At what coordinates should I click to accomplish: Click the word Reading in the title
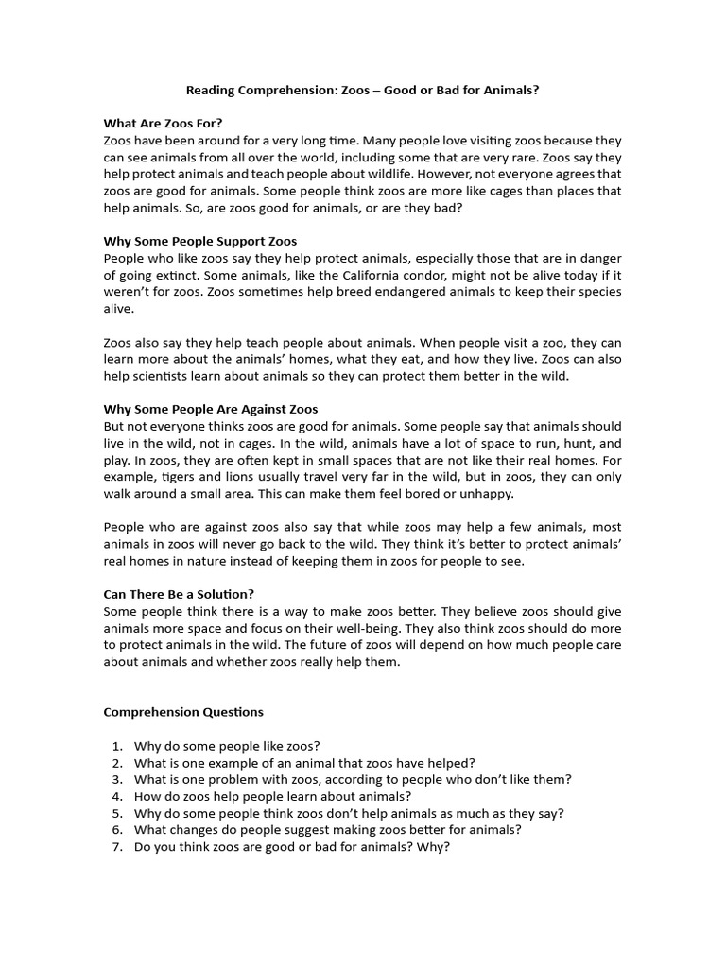pyautogui.click(x=210, y=91)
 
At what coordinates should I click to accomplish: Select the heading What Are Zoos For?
pyautogui.click(x=163, y=123)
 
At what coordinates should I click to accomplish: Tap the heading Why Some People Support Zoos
pyautogui.click(x=200, y=241)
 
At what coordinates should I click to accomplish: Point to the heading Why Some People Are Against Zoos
pyautogui.click(x=211, y=409)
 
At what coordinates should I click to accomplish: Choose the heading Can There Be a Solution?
pyautogui.click(x=179, y=594)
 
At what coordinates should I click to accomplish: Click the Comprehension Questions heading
pyautogui.click(x=183, y=712)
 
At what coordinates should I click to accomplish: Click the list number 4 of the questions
pyautogui.click(x=117, y=796)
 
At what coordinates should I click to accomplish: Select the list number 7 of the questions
pyautogui.click(x=117, y=847)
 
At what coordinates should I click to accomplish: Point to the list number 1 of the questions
pyautogui.click(x=117, y=745)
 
